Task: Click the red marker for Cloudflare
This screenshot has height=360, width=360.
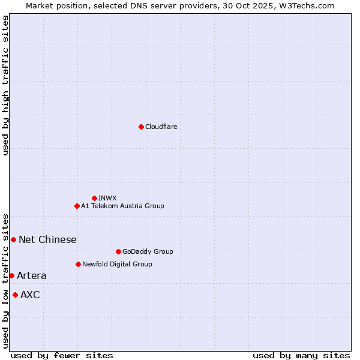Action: (141, 127)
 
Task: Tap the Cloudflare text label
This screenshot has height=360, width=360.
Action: (161, 127)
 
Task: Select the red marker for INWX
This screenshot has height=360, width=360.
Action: (94, 198)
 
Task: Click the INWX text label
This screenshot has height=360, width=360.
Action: (107, 198)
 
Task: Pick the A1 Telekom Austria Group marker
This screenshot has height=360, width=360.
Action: (77, 206)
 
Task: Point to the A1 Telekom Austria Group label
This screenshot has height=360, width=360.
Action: (122, 206)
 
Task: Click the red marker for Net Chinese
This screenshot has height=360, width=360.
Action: (13, 239)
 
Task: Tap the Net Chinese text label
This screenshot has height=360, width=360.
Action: (47, 239)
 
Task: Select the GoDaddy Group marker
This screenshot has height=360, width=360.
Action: (118, 251)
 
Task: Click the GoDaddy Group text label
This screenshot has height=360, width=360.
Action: (148, 251)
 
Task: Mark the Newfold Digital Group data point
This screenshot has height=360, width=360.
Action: (78, 264)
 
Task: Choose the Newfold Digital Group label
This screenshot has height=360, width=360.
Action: (117, 264)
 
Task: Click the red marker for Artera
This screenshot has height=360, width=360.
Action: (11, 275)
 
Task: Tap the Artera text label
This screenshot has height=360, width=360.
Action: (31, 275)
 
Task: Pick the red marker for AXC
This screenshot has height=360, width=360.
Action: (15, 295)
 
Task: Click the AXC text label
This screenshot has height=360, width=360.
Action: (30, 295)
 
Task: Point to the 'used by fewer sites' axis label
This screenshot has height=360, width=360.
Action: (62, 355)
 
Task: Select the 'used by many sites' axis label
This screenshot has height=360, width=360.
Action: (301, 355)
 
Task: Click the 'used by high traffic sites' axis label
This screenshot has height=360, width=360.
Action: (5, 85)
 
